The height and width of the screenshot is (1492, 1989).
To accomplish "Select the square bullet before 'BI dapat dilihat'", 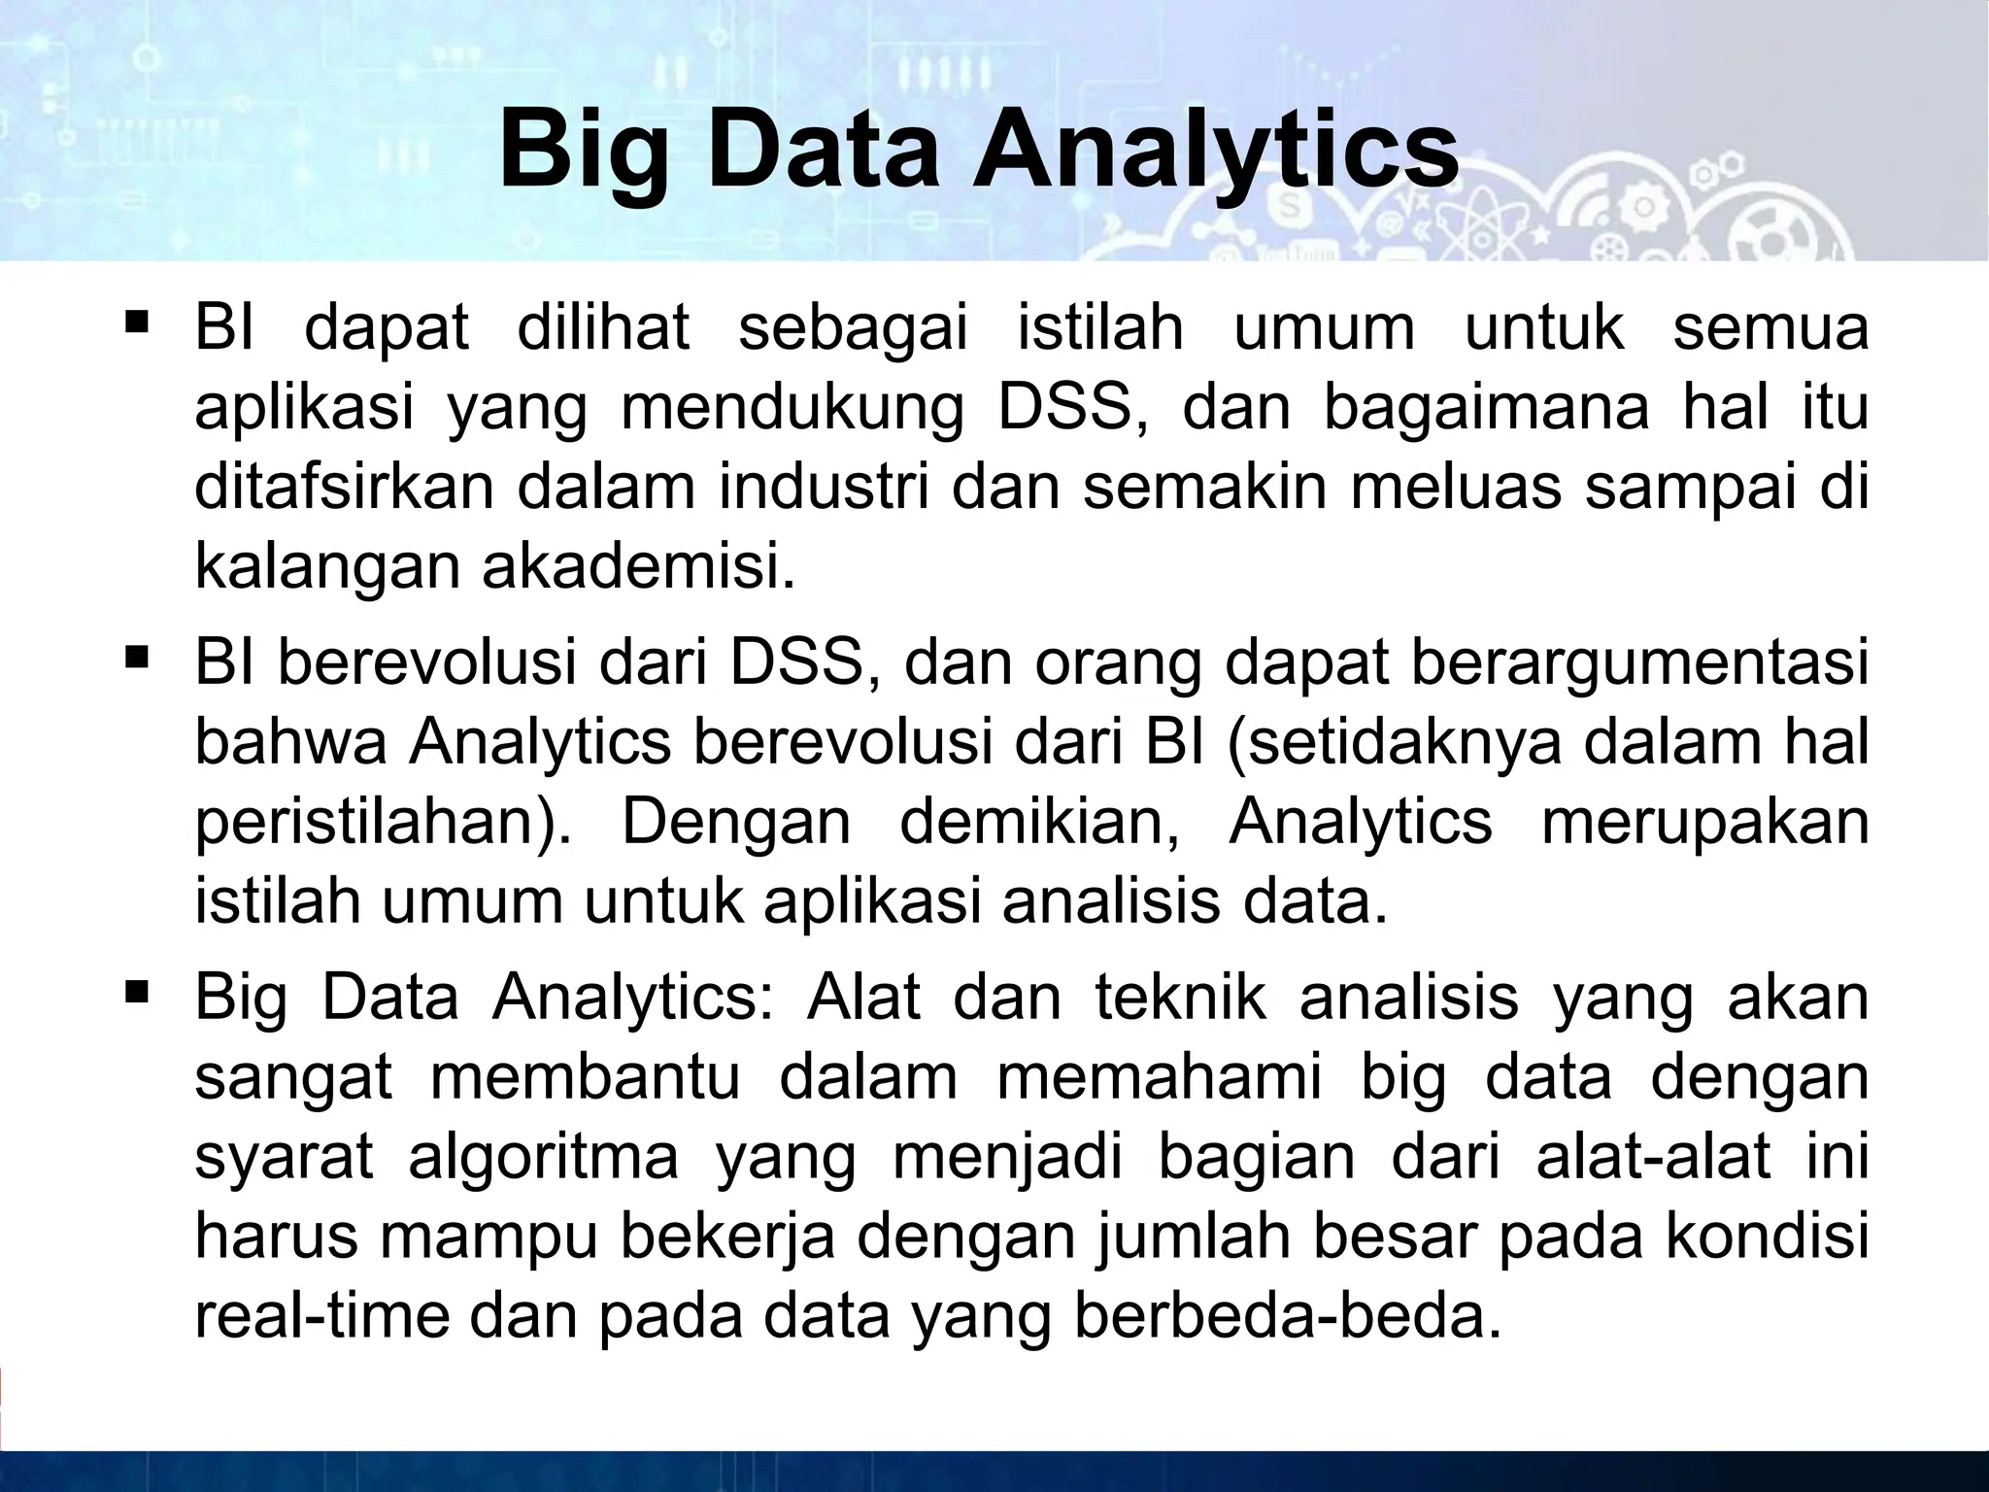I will click(x=136, y=320).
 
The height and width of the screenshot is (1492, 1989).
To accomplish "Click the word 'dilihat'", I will click(x=603, y=327).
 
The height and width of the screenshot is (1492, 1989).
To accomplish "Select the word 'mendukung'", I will click(x=792, y=409).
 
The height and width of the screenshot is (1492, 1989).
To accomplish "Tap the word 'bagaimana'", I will click(x=1486, y=409).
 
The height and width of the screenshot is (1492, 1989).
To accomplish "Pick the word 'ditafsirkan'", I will click(x=344, y=488).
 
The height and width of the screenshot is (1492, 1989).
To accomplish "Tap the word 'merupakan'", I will click(x=1704, y=822).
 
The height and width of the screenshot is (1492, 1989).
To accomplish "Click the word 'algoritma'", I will click(x=543, y=1158).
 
